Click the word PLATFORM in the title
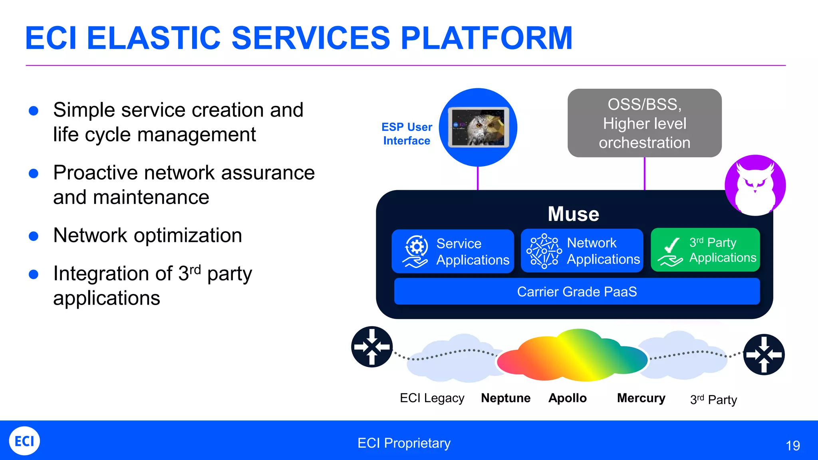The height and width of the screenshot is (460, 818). [486, 38]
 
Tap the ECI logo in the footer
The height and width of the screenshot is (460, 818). [24, 441]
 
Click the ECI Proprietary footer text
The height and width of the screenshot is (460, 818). [404, 443]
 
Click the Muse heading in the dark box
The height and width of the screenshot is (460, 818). [573, 214]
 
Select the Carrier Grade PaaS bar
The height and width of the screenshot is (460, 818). [576, 291]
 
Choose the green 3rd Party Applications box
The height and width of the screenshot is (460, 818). [705, 250]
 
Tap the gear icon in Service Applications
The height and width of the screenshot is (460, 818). [416, 247]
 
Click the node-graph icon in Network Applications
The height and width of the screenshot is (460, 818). [544, 251]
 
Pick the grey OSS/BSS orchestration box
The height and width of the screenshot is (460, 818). [644, 123]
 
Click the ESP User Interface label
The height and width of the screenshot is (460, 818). [407, 134]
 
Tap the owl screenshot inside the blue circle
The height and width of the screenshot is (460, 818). [478, 127]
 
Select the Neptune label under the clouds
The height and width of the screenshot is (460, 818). [506, 398]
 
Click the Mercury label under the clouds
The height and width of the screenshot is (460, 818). [641, 398]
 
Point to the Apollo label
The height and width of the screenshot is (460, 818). [567, 398]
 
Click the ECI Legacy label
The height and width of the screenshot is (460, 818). [432, 398]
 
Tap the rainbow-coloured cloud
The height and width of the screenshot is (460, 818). [572, 355]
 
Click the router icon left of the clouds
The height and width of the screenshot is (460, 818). [372, 347]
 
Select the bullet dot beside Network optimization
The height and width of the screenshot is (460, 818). [34, 236]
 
